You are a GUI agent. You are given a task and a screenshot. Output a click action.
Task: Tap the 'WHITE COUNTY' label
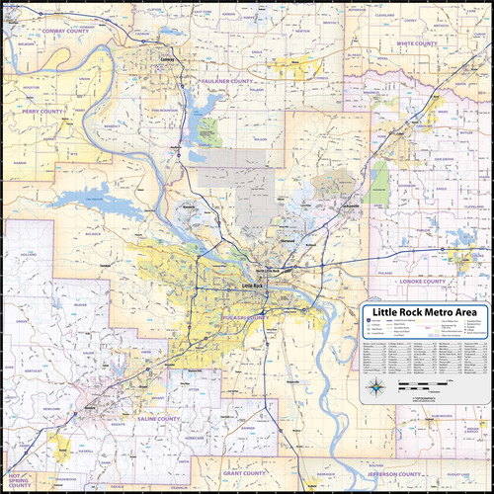click(x=417, y=44)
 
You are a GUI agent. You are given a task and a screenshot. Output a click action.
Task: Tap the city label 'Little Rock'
click(x=253, y=287)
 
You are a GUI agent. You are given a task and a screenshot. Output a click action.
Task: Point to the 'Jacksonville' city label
click(x=344, y=206)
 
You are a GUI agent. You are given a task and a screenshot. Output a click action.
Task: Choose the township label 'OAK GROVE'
click(x=442, y=158)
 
